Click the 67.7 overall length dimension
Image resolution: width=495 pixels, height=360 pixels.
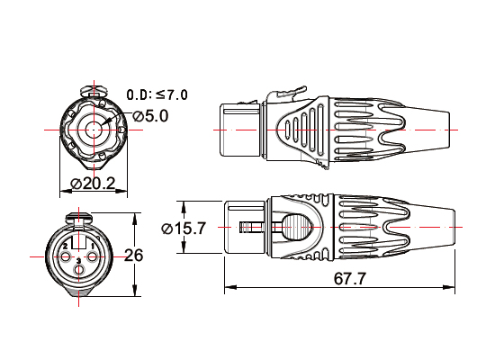pyautogui.click(x=349, y=278)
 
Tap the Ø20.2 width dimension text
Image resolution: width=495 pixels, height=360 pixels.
pyautogui.click(x=93, y=184)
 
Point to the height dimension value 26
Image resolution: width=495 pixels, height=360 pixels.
pyautogui.click(x=133, y=255)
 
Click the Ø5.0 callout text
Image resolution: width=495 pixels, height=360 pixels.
pyautogui.click(x=150, y=115)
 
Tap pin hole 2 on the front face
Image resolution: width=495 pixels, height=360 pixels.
pyautogui.click(x=65, y=246)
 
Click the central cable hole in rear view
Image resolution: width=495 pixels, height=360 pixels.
pyautogui.click(x=94, y=129)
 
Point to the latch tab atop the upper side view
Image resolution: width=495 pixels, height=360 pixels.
pyautogui.click(x=283, y=93)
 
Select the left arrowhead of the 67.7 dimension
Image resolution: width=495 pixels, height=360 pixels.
pyautogui.click(x=228, y=288)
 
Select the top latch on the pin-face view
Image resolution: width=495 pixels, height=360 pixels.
pyautogui.click(x=78, y=216)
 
